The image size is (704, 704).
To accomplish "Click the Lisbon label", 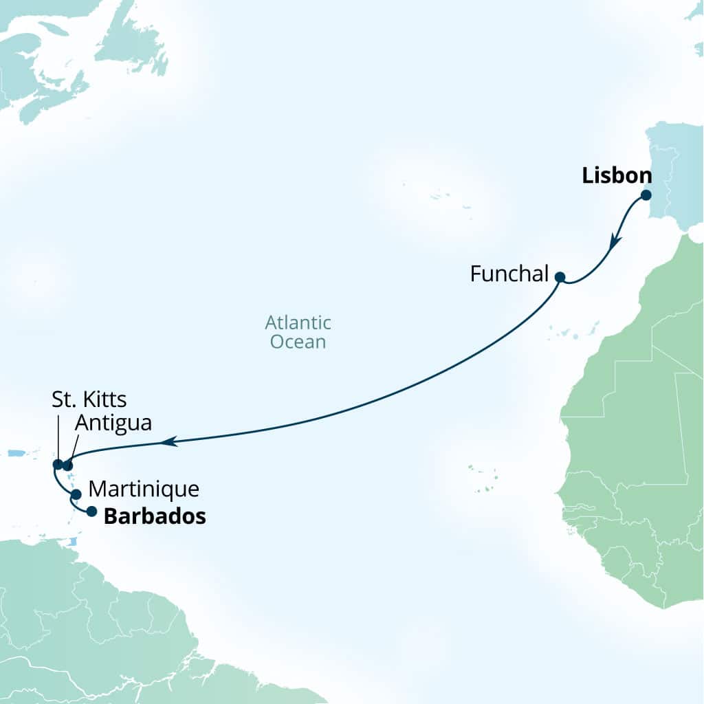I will pos(617,176).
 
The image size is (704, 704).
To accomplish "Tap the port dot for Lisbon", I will pos(646,195).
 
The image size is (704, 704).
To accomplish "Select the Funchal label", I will pos(509,274).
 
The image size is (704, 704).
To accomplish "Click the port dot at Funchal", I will pos(560,278).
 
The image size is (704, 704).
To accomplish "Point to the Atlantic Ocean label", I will pos(298,332).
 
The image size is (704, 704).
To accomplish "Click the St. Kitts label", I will pos(89,399).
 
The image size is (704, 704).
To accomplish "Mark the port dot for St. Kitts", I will pos(58,464).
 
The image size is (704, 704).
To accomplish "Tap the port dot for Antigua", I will pos(67,465).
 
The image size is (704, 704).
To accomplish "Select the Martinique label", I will pos(144,489).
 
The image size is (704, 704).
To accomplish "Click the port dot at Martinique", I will pos(76,494).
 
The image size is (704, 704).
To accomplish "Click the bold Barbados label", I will pos(155,517).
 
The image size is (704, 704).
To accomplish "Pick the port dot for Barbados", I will pos(91,511).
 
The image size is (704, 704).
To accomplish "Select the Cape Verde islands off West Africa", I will pos(483,478).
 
